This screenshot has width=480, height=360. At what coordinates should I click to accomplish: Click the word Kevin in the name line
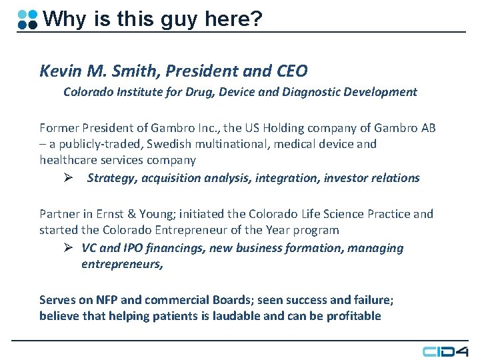click(x=56, y=70)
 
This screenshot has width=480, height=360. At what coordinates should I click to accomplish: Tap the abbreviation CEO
click(x=292, y=70)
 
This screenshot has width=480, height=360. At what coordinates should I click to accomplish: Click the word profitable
click(x=353, y=315)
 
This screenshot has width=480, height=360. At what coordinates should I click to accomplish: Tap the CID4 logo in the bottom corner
click(x=445, y=351)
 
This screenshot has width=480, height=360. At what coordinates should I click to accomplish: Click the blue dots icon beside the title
click(x=27, y=19)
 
